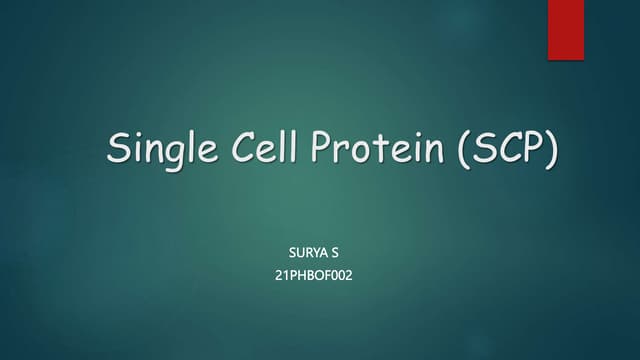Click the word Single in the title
click(159, 151)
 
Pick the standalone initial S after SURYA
click(335, 252)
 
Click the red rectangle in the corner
click(566, 29)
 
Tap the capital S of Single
click(121, 149)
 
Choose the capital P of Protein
click(329, 149)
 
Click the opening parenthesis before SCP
click(464, 151)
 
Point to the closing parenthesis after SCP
click(552, 151)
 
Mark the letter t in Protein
click(385, 149)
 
